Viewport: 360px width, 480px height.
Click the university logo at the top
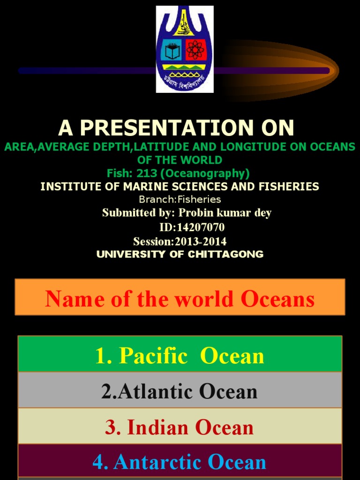pos(185,49)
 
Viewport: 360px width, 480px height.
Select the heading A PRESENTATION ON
pos(176,127)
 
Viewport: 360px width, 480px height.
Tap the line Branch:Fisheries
pos(180,199)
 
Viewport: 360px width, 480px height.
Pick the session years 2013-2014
pos(201,241)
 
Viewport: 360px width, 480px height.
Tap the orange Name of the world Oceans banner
pos(180,297)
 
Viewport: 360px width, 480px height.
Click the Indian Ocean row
pos(180,426)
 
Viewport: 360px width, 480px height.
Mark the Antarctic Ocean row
pos(180,462)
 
